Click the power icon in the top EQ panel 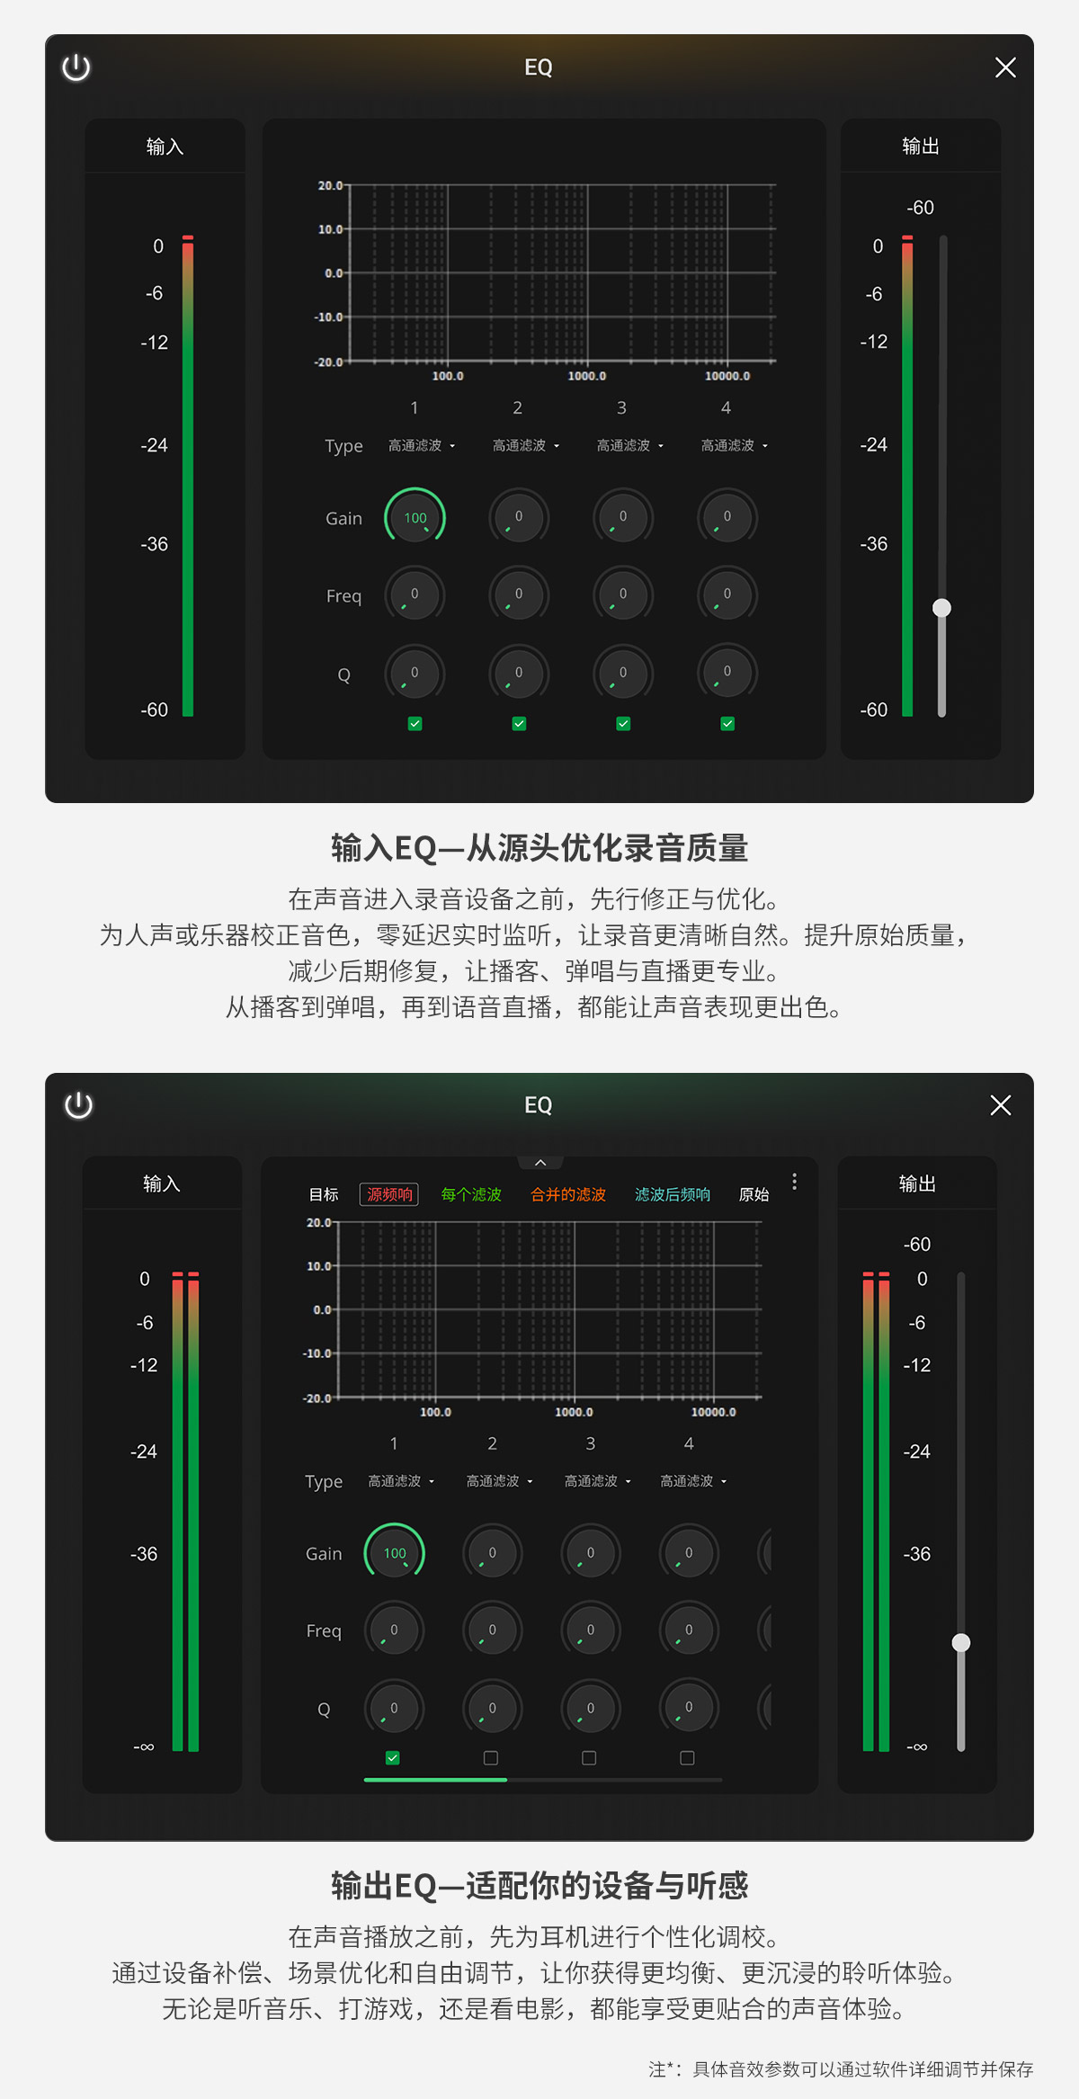tap(76, 67)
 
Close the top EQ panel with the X tap(1005, 67)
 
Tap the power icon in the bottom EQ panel tap(78, 1104)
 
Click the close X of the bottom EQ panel tap(1001, 1105)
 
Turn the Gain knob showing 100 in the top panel tap(415, 517)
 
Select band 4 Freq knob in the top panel tap(727, 594)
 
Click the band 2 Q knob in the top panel tap(519, 673)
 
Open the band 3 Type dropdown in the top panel tap(629, 445)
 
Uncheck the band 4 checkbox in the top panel tap(727, 723)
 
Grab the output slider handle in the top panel tap(941, 608)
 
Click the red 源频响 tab tap(389, 1194)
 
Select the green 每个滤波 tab tap(471, 1194)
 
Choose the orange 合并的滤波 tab tap(568, 1194)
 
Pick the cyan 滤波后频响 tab tap(673, 1194)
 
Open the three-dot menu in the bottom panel tap(794, 1181)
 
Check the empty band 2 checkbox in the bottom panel tap(491, 1757)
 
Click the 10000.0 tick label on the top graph tap(727, 376)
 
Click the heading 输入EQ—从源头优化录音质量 tap(539, 848)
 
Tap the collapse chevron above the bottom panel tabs tap(540, 1163)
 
